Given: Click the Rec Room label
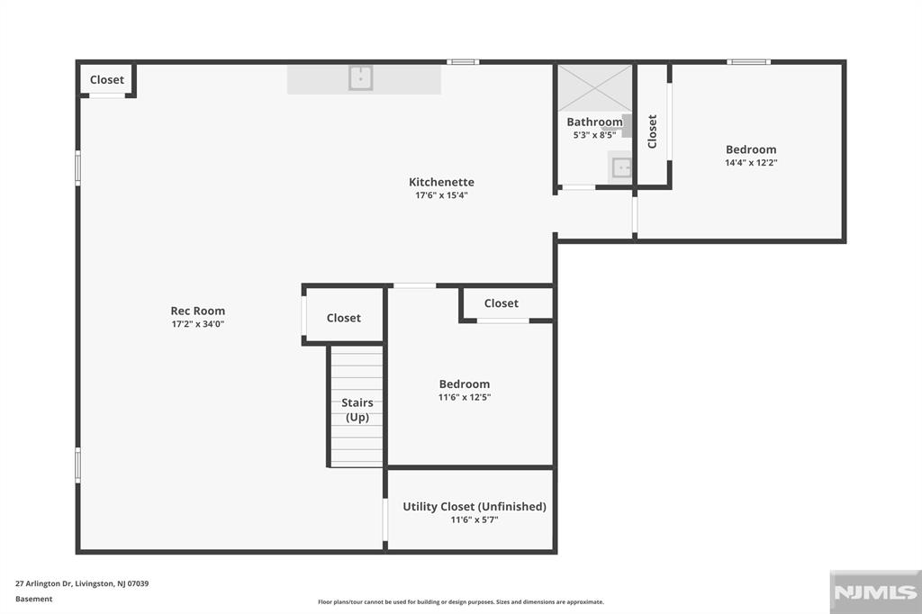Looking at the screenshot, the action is click(x=197, y=311).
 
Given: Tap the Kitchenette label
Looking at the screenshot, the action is click(x=441, y=182).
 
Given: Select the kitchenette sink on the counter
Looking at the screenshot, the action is click(x=360, y=77).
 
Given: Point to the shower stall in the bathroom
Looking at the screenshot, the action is click(x=594, y=88).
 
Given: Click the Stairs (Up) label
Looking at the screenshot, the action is click(x=357, y=410).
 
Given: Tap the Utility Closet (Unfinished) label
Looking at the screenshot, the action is click(x=475, y=506).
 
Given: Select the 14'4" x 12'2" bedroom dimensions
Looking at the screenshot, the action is click(x=751, y=163).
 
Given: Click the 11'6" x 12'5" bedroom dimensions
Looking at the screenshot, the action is click(x=465, y=397).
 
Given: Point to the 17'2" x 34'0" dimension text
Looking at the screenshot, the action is click(x=197, y=324).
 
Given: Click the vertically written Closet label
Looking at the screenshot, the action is click(x=652, y=131).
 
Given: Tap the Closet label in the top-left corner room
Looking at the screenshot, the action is click(x=107, y=79).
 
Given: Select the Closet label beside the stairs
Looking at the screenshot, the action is click(x=343, y=318).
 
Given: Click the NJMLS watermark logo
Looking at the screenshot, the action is click(x=875, y=591).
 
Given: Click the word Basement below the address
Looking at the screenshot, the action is click(x=33, y=599).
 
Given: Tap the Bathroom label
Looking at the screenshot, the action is click(x=594, y=122).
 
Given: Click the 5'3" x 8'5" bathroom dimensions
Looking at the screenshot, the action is click(x=594, y=135).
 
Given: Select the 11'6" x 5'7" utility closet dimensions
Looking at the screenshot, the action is click(x=475, y=519).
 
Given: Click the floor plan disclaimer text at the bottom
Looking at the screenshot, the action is click(x=461, y=601).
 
